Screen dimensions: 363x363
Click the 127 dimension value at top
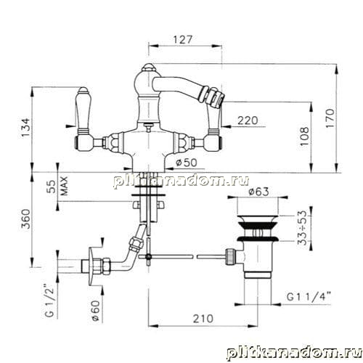pos(183,39)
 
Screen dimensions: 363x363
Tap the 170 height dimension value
pos(330,118)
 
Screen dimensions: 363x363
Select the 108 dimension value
pos(305,136)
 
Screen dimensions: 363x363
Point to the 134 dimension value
pos(25,128)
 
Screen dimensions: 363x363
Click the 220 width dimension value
pos(248,121)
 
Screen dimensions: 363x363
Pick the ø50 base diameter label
pos(187,163)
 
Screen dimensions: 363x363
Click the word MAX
pos(64,186)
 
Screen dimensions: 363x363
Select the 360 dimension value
pos(25,219)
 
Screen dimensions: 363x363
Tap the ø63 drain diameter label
pos(258,192)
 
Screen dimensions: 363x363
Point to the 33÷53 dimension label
pos(303,228)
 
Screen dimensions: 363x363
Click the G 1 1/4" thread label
pos(309,297)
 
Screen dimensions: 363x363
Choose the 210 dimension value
pos(203,319)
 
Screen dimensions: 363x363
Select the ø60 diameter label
pos(96,311)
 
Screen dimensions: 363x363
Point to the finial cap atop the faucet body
pos(147,68)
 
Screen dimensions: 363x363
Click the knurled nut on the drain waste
pos(231,257)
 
